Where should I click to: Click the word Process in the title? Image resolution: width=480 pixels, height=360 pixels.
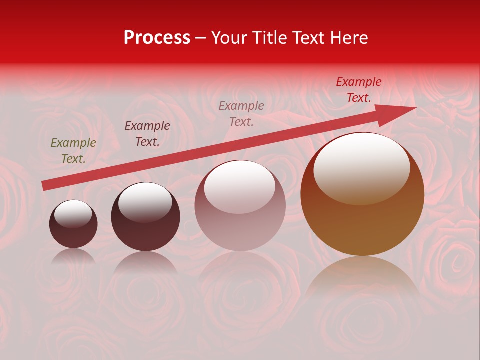tap(157, 38)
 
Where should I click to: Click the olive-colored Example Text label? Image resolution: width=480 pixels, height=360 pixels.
tap(73, 151)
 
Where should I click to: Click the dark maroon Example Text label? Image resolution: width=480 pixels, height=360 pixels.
tap(147, 134)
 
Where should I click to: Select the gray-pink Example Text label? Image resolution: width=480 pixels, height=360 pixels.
tap(241, 113)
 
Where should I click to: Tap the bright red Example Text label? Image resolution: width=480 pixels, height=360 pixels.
tap(359, 90)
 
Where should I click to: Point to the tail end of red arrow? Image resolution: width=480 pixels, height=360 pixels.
tap(45, 186)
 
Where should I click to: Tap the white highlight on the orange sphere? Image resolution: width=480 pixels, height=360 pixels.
tap(361, 167)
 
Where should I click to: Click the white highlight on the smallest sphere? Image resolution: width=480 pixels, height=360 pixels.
tap(73, 213)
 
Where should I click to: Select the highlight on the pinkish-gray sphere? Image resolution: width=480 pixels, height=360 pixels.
tap(240, 187)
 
